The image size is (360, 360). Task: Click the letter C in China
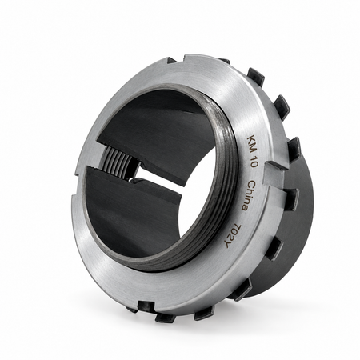[253, 185]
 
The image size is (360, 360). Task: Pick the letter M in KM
[252, 148]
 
